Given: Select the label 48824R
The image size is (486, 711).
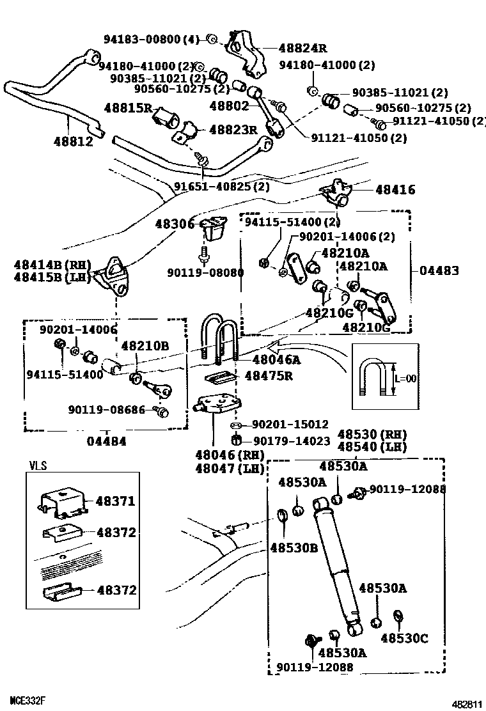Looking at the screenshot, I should coord(302,47).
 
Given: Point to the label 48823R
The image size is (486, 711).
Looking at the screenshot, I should coord(235,130).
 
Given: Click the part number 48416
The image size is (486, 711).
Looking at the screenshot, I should coord(395,189).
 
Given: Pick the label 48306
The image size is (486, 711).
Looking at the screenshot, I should coord(175,223).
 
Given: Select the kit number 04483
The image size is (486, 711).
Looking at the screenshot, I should coord(439,270).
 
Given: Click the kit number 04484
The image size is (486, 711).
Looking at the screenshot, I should coord(106,441).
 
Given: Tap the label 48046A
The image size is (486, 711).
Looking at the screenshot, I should coord(276,360).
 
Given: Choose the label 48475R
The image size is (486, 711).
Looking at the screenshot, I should coord(268,376).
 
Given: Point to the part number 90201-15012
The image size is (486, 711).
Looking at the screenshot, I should coord(290,425).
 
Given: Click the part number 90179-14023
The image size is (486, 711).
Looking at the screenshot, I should coord(292,441).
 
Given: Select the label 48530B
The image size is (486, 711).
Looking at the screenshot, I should coord(294,547).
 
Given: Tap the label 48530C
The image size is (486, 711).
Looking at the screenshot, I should coord(404,637).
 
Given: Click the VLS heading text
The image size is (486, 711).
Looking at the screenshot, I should coord(38,465).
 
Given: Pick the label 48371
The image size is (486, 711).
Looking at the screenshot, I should coord(116,501).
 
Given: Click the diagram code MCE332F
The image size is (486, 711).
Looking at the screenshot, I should coord(27,700).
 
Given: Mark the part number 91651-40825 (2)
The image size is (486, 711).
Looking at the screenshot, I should coord(222,187).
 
